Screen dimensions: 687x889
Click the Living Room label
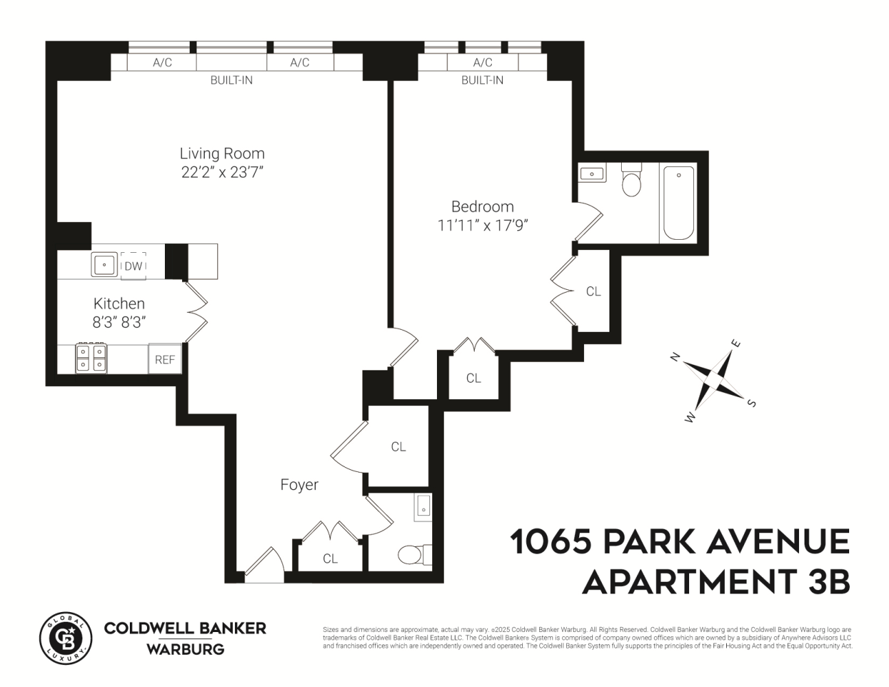pyautogui.click(x=222, y=153)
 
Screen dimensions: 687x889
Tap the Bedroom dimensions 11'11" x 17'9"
pyautogui.click(x=482, y=225)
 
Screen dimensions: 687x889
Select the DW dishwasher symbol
pyautogui.click(x=133, y=266)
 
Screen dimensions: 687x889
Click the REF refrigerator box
pyautogui.click(x=165, y=359)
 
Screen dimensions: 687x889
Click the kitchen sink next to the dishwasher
pyautogui.click(x=104, y=264)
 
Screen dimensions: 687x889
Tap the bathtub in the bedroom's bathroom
pyautogui.click(x=678, y=203)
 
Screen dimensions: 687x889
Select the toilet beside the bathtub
pyautogui.click(x=631, y=181)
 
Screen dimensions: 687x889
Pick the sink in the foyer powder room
pyautogui.click(x=423, y=506)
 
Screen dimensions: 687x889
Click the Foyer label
pyautogui.click(x=299, y=485)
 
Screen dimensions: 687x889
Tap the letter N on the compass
pyautogui.click(x=675, y=356)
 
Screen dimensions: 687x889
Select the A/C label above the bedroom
pyautogui.click(x=482, y=63)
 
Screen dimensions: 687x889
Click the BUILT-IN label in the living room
pyautogui.click(x=231, y=80)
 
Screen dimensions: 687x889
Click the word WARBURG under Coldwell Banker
pyautogui.click(x=185, y=649)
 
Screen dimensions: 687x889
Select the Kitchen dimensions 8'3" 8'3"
pyautogui.click(x=120, y=322)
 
